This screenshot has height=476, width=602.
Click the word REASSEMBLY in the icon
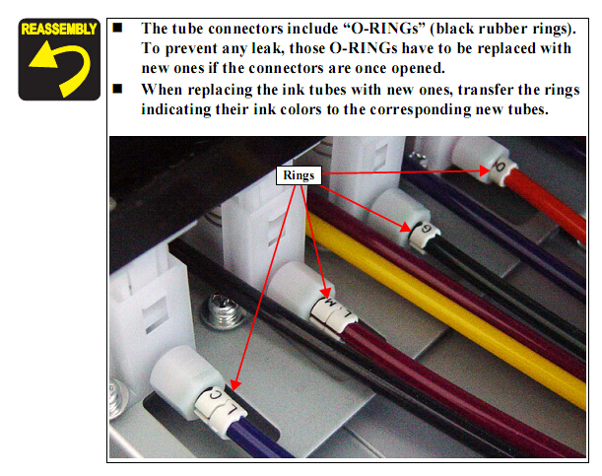click(59, 30)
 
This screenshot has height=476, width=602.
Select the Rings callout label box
click(299, 175)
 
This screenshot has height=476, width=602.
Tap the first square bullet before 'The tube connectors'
click(117, 28)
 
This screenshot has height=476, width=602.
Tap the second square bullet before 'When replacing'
click(117, 89)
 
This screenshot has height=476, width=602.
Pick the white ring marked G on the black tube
click(424, 235)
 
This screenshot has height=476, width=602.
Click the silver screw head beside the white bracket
click(225, 311)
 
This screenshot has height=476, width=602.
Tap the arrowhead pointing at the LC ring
click(235, 385)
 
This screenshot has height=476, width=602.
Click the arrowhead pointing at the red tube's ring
click(485, 170)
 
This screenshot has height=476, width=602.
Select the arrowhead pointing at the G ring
click(406, 228)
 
